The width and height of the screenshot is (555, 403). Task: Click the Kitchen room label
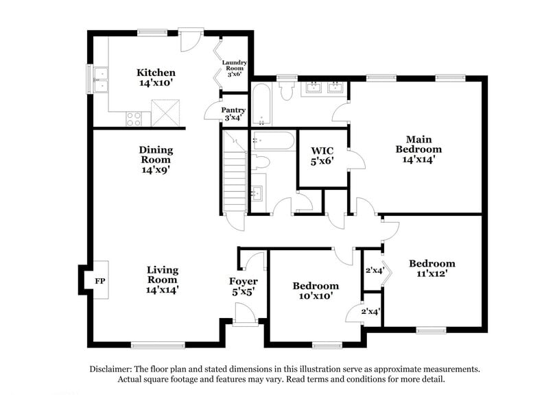tap(156, 73)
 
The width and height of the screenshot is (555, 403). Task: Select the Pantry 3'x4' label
tap(233, 113)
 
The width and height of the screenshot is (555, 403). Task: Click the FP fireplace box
tap(99, 280)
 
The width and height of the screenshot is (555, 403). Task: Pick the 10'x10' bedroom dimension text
tap(315, 296)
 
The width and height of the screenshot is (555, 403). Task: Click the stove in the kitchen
tap(134, 119)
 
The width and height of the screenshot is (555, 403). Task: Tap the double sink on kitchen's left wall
tap(101, 79)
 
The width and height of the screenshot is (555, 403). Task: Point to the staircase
tap(235, 175)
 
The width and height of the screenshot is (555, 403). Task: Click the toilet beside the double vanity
tap(286, 91)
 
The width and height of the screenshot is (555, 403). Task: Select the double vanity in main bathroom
tap(325, 88)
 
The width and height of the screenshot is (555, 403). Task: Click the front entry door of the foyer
tap(244, 315)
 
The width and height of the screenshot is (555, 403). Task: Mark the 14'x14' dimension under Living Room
tap(162, 289)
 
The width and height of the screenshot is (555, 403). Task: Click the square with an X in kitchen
tap(167, 111)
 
